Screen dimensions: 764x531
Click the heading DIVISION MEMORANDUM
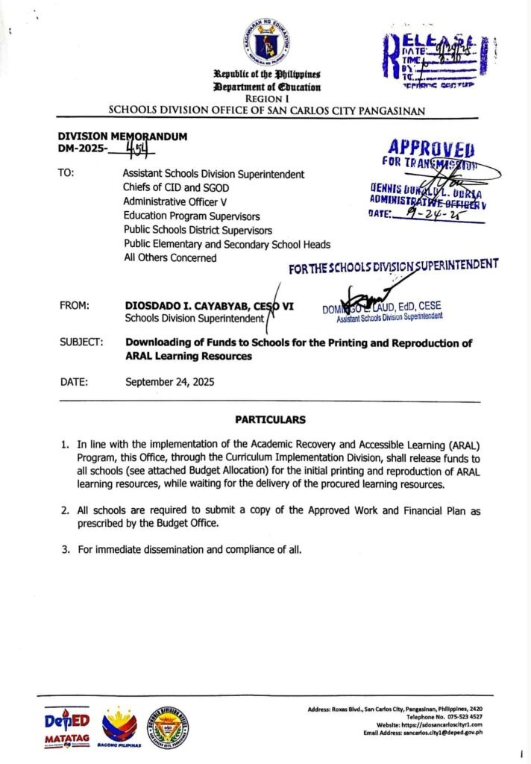tap(122, 137)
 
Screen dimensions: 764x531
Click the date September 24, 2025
tap(169, 382)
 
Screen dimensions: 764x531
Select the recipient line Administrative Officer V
tap(179, 201)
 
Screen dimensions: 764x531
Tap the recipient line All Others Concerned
tap(170, 258)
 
